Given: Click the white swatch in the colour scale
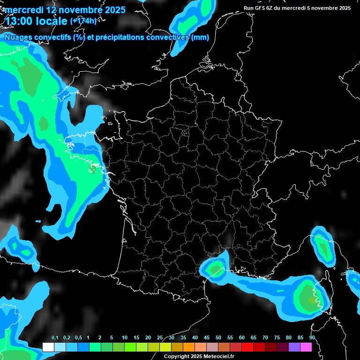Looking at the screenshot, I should coord(48,347).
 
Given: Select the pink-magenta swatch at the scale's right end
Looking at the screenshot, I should coord(306,347).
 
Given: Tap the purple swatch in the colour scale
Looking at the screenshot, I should coord(294,347).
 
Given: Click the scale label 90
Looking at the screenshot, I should coord(312,338).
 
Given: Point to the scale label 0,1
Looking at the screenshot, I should coord(54,338).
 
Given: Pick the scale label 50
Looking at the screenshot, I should coord(218,338).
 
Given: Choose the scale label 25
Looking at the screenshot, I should coord(160,338).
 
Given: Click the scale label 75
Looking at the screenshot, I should coord(277,338).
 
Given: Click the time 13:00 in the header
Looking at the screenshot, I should coord(19,21).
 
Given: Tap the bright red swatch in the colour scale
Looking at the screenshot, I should coord(247,347).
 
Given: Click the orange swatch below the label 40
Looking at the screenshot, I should coord(189,347).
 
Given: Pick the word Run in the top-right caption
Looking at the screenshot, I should coord(248,8).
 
